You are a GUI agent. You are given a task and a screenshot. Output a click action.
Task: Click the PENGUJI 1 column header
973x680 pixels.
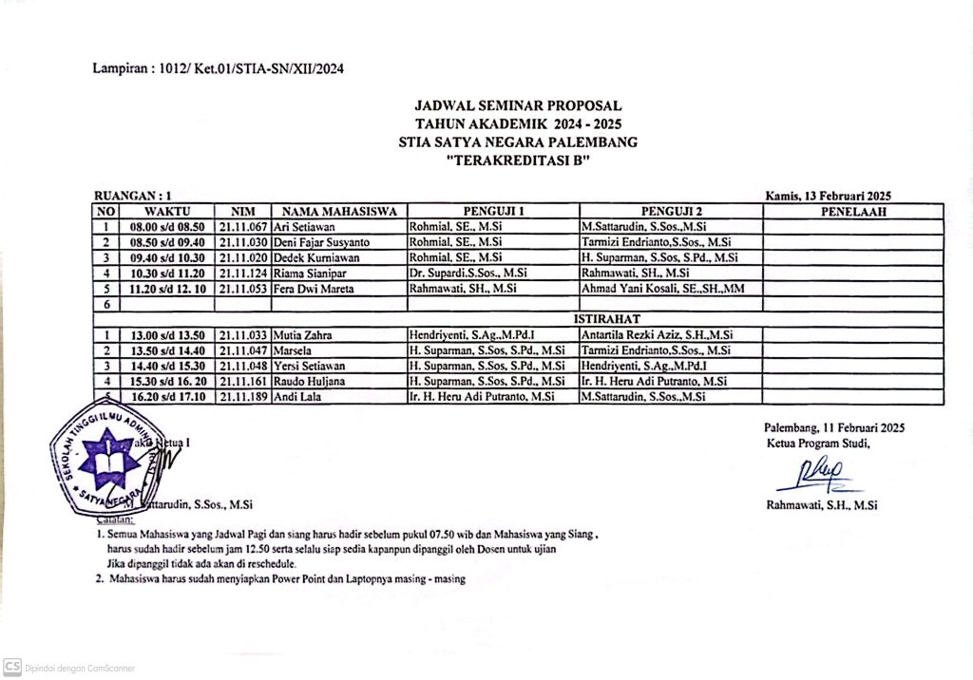[493, 212]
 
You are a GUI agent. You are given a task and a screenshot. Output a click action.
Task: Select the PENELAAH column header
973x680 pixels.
[852, 212]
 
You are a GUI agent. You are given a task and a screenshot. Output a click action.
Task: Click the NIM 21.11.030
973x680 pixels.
[243, 242]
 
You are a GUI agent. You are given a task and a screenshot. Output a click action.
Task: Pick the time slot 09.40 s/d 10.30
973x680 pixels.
[167, 257]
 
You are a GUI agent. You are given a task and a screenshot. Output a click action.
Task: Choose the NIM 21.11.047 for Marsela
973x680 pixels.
[243, 349]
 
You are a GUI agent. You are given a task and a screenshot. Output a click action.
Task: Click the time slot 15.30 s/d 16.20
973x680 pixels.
[167, 381]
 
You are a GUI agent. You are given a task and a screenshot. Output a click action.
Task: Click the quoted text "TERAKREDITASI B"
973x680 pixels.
[518, 161]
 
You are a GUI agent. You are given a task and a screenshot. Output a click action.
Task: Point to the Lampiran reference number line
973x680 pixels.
[218, 68]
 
